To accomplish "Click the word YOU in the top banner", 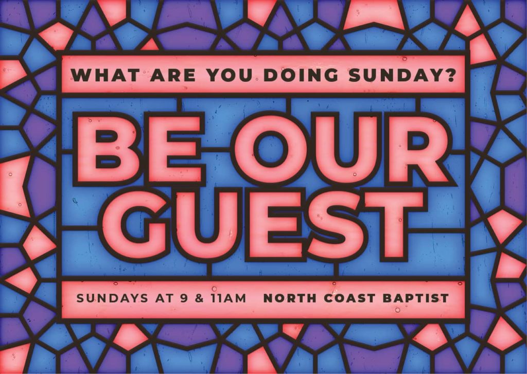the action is click(x=230, y=75).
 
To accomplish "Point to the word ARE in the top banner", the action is click(x=172, y=75).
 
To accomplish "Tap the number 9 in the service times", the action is click(x=184, y=298).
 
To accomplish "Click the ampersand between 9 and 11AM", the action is click(x=200, y=298).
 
